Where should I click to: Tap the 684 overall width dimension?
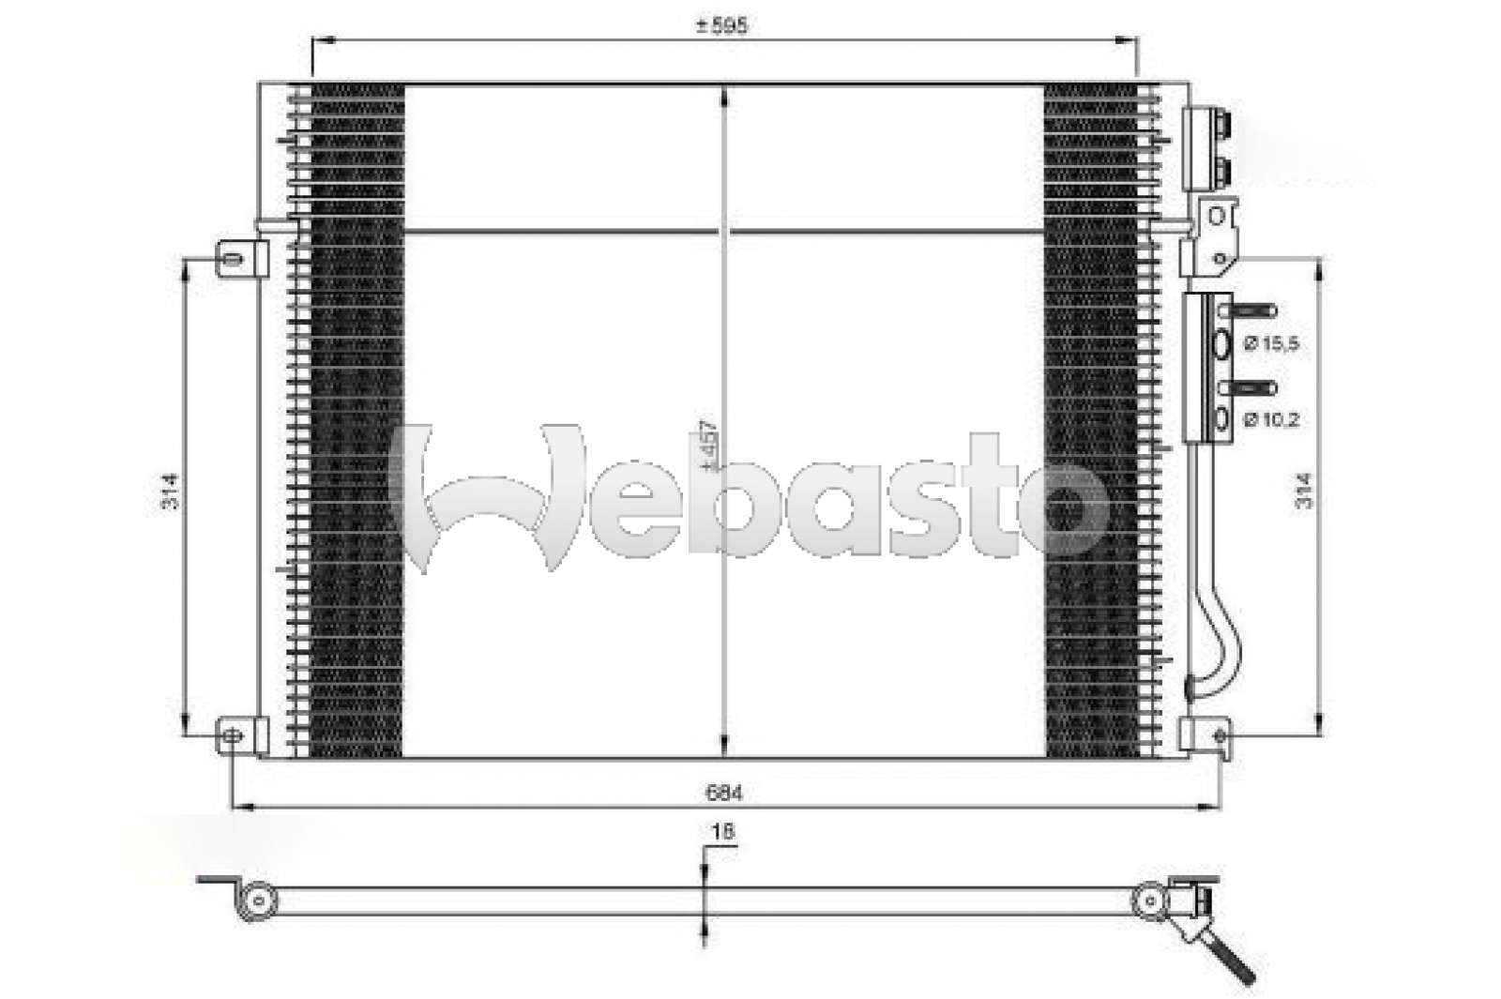click(x=723, y=794)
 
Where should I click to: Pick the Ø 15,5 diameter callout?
click(x=1272, y=344)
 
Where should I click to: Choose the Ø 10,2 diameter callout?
click(x=1272, y=419)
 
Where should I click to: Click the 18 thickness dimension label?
click(x=722, y=831)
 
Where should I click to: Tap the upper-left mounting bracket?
click(x=243, y=258)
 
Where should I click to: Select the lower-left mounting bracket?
click(x=243, y=734)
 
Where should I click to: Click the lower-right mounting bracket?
click(x=1205, y=734)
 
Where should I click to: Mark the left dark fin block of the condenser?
click(x=356, y=422)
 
